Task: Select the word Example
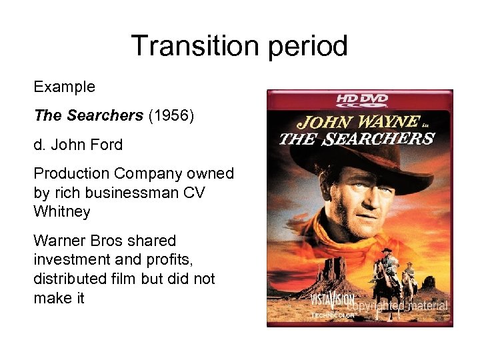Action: tap(65, 87)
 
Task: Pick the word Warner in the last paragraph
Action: tap(61, 240)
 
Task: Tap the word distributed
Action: tap(70, 278)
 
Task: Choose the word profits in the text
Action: tap(173, 259)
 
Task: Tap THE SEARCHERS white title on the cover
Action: tap(357, 139)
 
